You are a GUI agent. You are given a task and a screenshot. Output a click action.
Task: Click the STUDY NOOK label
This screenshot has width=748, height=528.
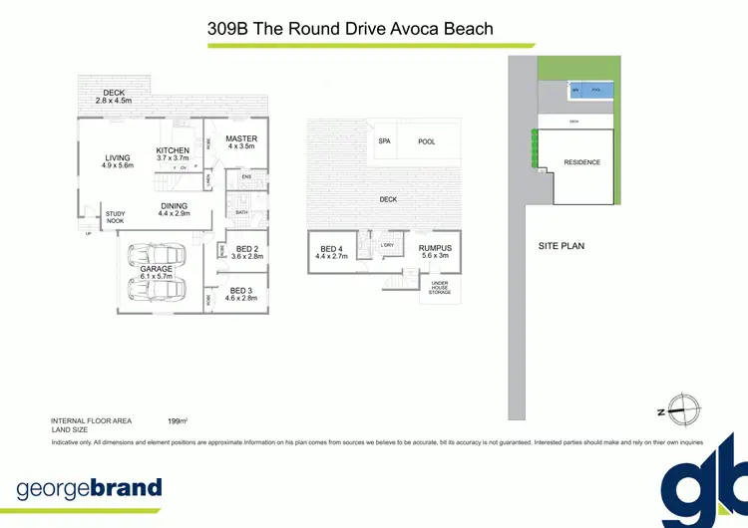(116, 216)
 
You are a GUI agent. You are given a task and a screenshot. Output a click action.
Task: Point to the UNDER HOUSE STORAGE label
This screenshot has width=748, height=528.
(440, 289)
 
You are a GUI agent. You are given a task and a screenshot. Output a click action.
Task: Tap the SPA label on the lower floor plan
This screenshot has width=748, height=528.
(384, 141)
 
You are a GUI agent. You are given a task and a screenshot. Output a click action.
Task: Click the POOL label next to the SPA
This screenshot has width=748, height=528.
(427, 141)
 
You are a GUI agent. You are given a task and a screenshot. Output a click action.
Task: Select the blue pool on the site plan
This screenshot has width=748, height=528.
(590, 91)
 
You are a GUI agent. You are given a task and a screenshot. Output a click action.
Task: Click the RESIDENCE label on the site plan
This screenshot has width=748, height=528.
(581, 161)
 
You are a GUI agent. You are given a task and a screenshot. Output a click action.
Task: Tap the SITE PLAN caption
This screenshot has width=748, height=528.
(561, 245)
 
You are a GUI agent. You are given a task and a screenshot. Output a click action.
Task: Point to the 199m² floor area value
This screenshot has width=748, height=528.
(179, 421)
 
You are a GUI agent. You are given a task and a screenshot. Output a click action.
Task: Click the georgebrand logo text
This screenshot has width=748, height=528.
(89, 488)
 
